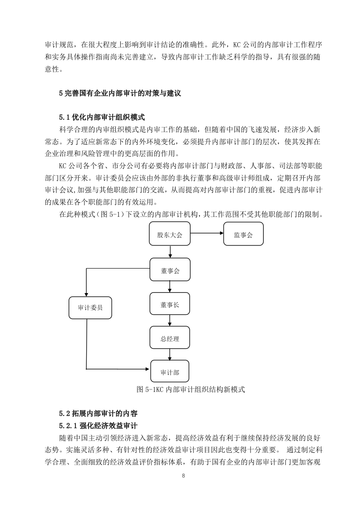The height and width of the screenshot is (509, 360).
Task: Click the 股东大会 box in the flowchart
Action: click(170, 234)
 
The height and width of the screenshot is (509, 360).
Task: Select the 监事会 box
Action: click(243, 234)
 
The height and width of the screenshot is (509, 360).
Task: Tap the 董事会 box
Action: click(170, 269)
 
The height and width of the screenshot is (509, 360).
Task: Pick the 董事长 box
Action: click(170, 303)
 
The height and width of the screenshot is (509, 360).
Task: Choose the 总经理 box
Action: click(170, 338)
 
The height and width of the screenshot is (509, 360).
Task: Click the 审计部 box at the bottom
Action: click(170, 371)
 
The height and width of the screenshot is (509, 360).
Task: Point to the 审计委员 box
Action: click(90, 308)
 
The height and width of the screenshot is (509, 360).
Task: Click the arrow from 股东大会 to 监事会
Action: click(207, 233)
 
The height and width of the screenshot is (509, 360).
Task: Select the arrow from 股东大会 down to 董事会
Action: click(170, 252)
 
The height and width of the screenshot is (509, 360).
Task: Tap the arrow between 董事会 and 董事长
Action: click(170, 287)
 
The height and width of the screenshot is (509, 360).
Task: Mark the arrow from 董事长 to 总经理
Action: click(170, 321)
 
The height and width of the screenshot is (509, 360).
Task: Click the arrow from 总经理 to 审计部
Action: click(170, 354)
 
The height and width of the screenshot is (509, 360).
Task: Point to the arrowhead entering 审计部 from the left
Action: click(148, 369)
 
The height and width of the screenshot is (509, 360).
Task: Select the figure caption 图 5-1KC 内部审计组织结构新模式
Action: click(191, 390)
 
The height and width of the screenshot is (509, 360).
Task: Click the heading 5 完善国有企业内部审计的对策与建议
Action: click(120, 93)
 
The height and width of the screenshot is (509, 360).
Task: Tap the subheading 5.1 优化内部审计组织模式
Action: click(102, 117)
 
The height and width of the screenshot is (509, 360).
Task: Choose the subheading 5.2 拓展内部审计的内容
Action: click(99, 414)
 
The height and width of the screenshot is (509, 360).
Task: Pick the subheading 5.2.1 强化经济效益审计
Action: click(99, 426)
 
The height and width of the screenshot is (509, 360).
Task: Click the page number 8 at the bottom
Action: click(183, 476)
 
